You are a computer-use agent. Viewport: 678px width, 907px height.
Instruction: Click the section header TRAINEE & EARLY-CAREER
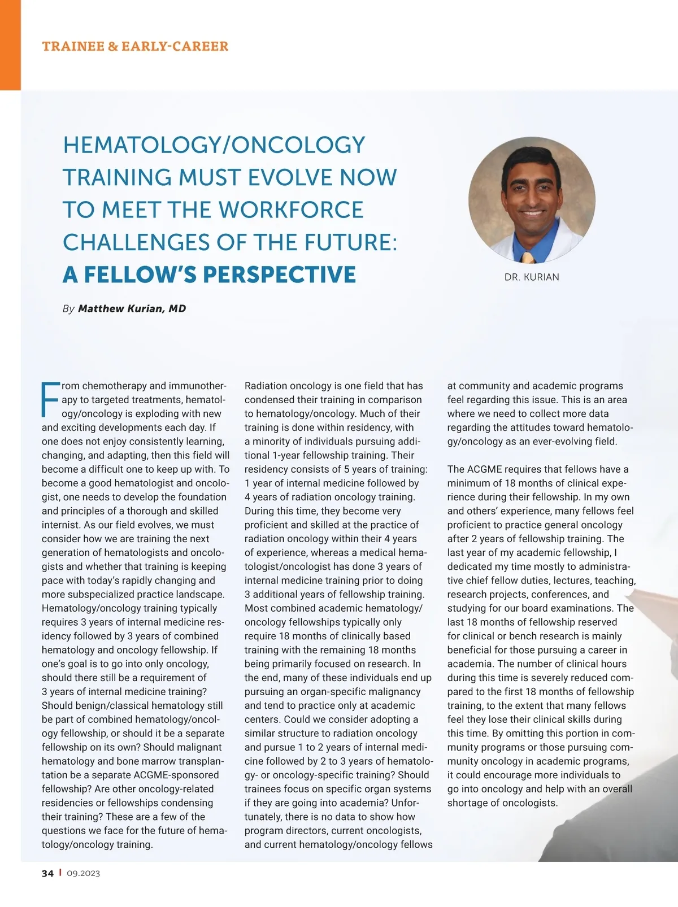[x=135, y=46]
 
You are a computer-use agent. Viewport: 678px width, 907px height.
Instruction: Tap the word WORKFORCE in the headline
[x=291, y=210]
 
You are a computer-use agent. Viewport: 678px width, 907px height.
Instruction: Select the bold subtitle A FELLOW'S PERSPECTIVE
[x=209, y=274]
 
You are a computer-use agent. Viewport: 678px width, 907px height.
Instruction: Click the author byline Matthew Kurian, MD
[x=132, y=308]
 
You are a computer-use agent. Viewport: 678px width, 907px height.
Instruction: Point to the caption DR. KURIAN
[x=532, y=277]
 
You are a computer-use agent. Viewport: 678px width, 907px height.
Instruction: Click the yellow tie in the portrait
[x=528, y=258]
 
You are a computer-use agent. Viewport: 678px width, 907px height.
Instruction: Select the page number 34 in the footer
[x=47, y=873]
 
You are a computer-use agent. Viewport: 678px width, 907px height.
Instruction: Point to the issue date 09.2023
[x=83, y=873]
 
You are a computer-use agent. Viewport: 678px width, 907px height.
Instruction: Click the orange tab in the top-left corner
[x=10, y=45]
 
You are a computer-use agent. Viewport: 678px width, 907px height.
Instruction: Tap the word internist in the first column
[x=60, y=525]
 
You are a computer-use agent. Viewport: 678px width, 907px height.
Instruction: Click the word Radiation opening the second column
[x=266, y=386]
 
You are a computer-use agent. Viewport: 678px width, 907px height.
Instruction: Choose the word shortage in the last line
[x=468, y=803]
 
